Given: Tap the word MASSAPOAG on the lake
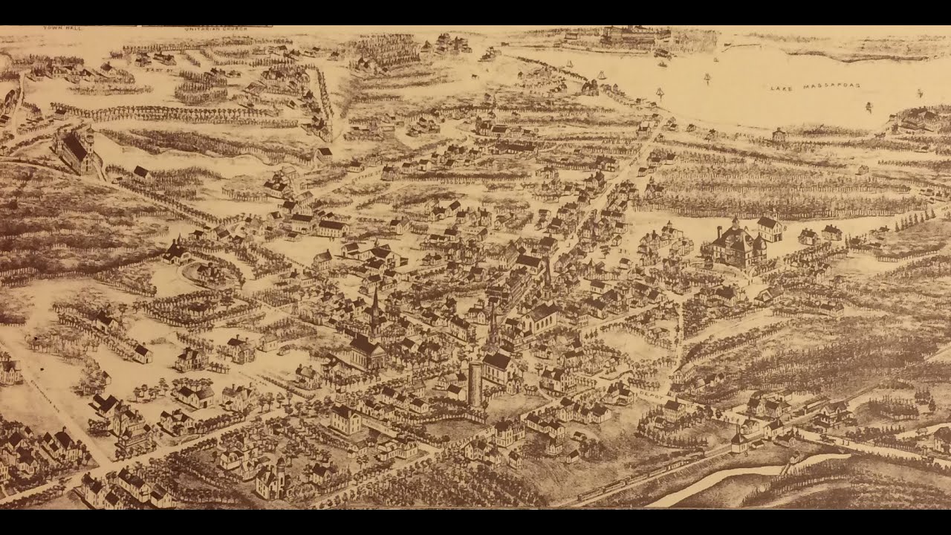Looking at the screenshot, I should click(834, 86).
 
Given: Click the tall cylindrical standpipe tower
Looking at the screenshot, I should click(475, 384).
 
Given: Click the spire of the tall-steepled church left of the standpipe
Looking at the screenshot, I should click(375, 301).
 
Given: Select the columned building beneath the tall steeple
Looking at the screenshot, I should click(366, 350).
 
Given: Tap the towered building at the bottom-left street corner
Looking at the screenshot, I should click(271, 479).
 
